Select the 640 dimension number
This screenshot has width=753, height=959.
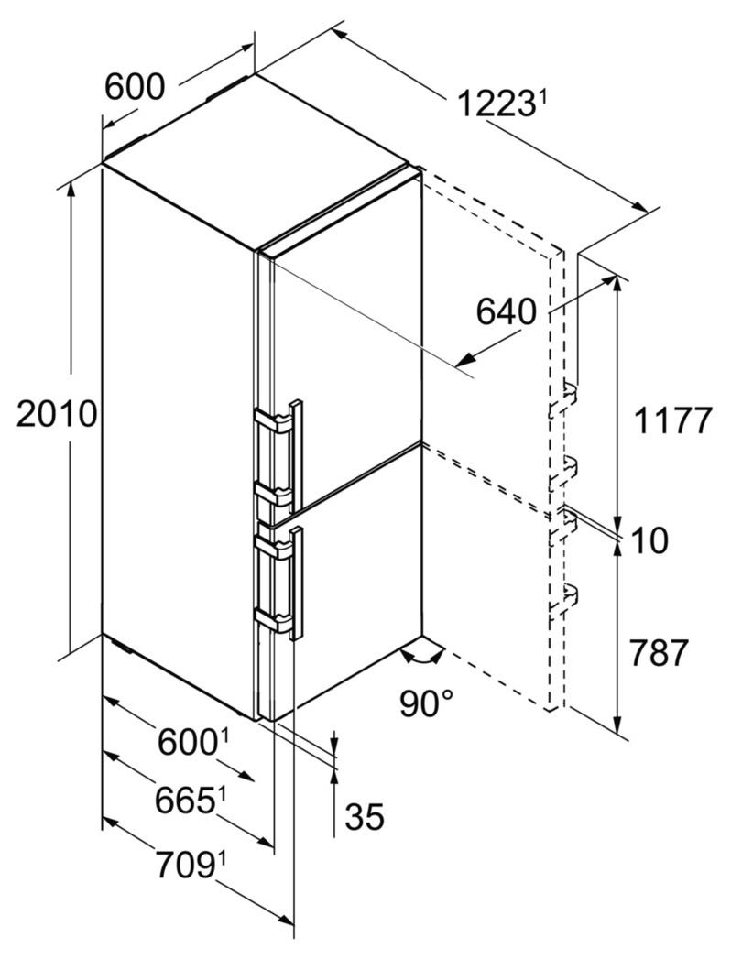click(506, 312)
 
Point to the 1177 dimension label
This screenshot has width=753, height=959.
click(673, 420)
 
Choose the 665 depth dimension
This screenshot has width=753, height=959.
click(185, 801)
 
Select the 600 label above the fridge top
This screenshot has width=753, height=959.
click(135, 86)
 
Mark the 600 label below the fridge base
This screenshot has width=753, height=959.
click(187, 743)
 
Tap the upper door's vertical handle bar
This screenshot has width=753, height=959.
click(296, 455)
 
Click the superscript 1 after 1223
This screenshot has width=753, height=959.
click(540, 97)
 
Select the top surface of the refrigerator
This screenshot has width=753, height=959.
click(256, 160)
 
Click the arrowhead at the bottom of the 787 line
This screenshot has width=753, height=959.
click(617, 724)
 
